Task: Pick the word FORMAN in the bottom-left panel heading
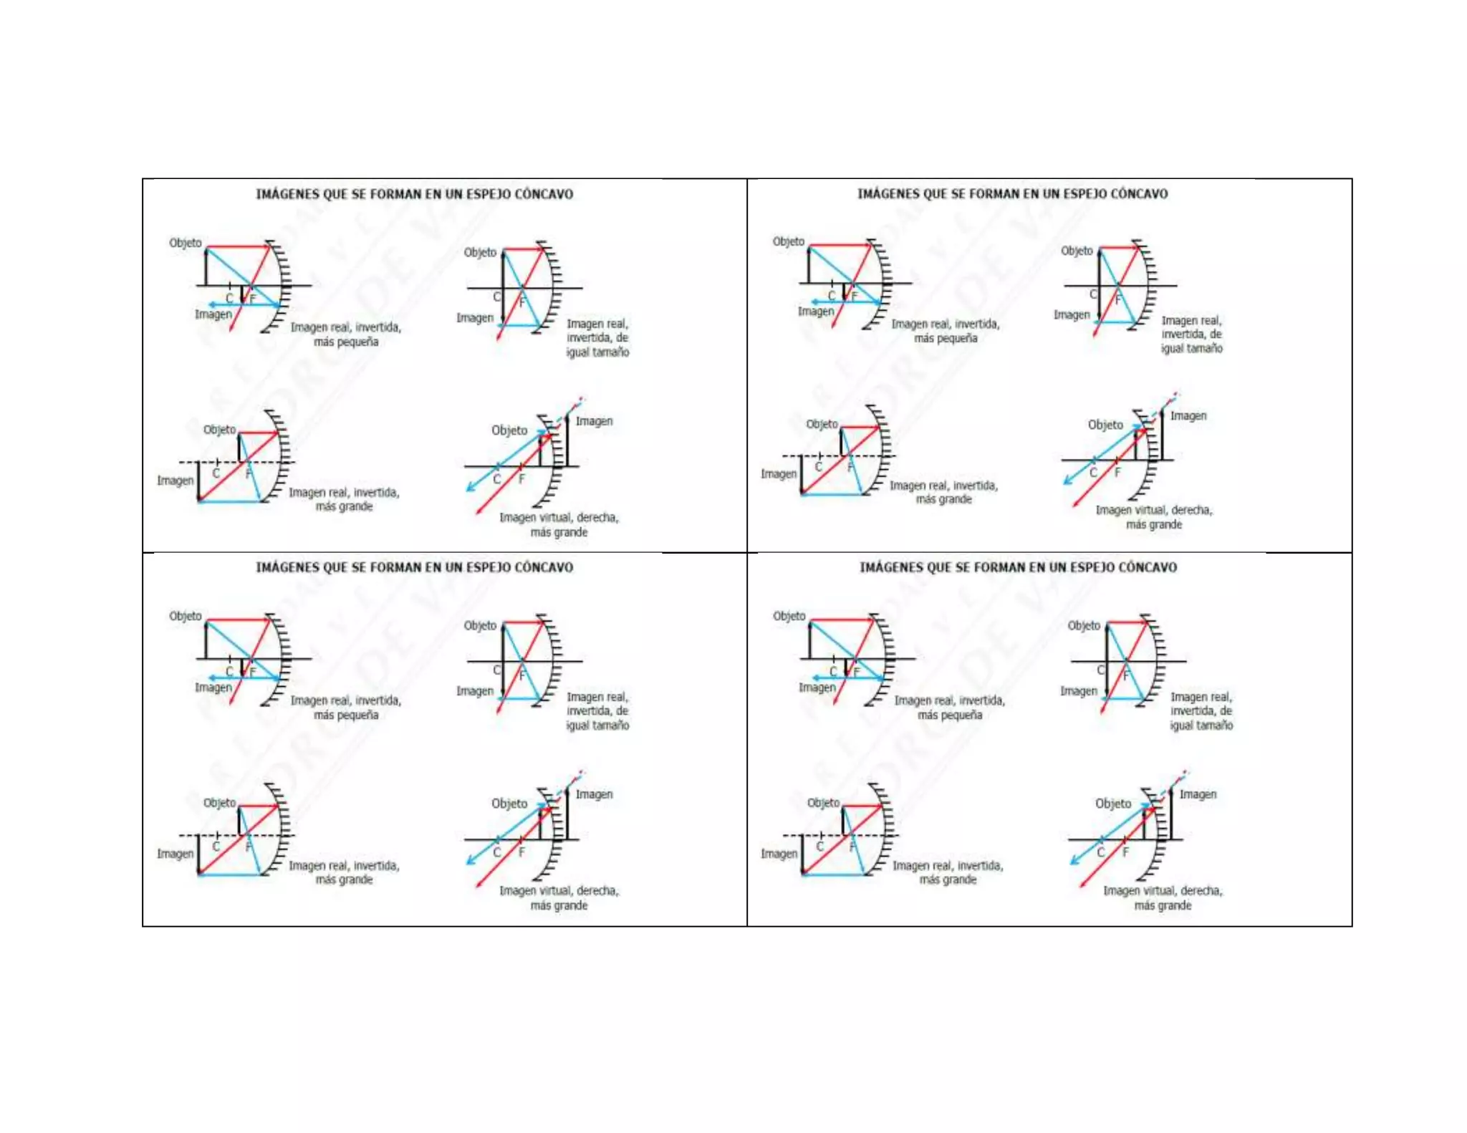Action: click(x=395, y=567)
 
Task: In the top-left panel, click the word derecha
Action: click(x=597, y=517)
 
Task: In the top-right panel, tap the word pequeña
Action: click(x=956, y=338)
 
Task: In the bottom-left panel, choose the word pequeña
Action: click(x=356, y=715)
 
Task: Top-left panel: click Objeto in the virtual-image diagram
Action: click(x=509, y=430)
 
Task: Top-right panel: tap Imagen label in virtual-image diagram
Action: click(x=1188, y=415)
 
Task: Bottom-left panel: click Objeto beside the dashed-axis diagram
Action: click(x=219, y=803)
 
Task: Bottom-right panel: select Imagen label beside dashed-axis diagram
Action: click(x=779, y=854)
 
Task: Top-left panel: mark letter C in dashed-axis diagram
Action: click(x=216, y=473)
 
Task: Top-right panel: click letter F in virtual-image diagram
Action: click(x=1117, y=473)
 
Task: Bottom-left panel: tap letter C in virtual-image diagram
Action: click(x=496, y=852)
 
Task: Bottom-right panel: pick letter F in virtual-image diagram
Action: click(x=1125, y=852)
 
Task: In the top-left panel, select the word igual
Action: click(x=577, y=352)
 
